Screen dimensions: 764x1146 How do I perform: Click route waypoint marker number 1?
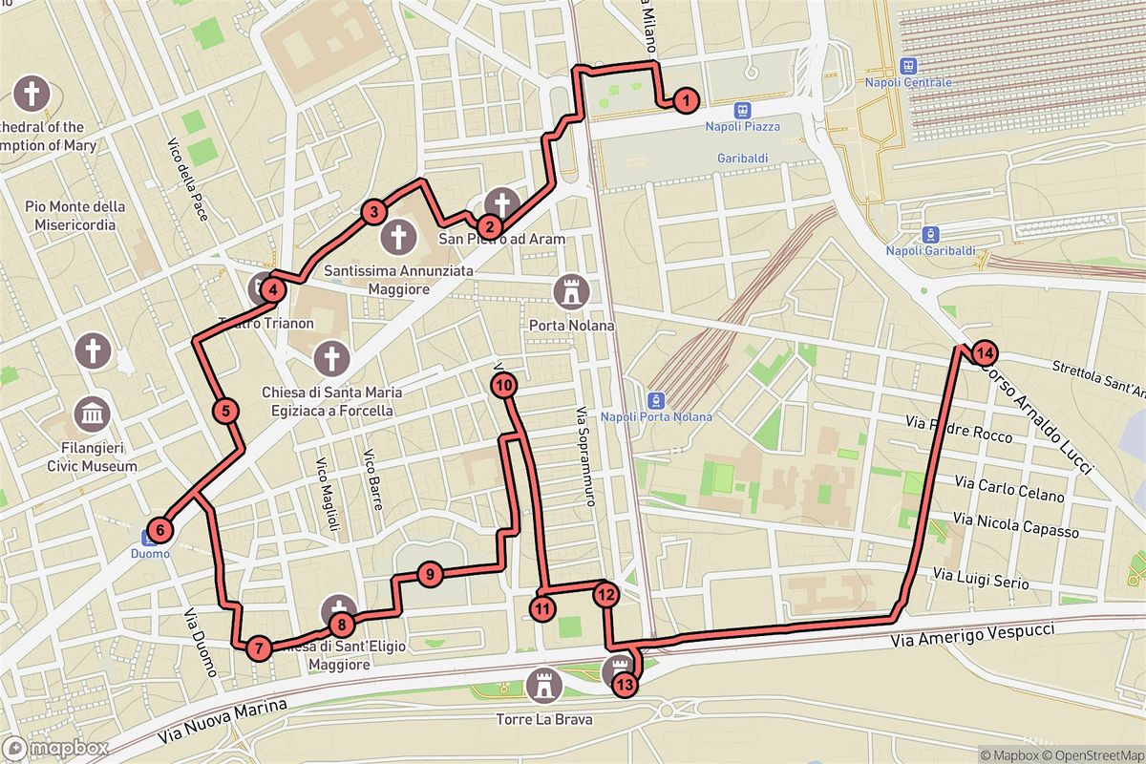(x=685, y=99)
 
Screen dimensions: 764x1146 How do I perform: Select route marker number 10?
(x=504, y=385)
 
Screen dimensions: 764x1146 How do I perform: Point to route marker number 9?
(x=430, y=574)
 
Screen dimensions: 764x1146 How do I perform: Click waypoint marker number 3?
(x=373, y=212)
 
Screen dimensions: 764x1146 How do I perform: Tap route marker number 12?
(x=605, y=594)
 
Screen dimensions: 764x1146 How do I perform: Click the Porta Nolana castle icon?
(x=572, y=290)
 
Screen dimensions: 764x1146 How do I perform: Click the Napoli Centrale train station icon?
(x=908, y=66)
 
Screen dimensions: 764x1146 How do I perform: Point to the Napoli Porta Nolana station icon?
(x=656, y=399)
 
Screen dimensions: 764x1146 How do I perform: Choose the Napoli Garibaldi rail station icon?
(x=926, y=235)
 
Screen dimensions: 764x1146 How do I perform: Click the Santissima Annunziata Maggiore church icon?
(x=397, y=237)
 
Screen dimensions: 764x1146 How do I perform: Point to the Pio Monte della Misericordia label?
(x=75, y=216)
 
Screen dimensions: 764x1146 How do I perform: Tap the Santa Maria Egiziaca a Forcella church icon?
(x=331, y=359)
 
